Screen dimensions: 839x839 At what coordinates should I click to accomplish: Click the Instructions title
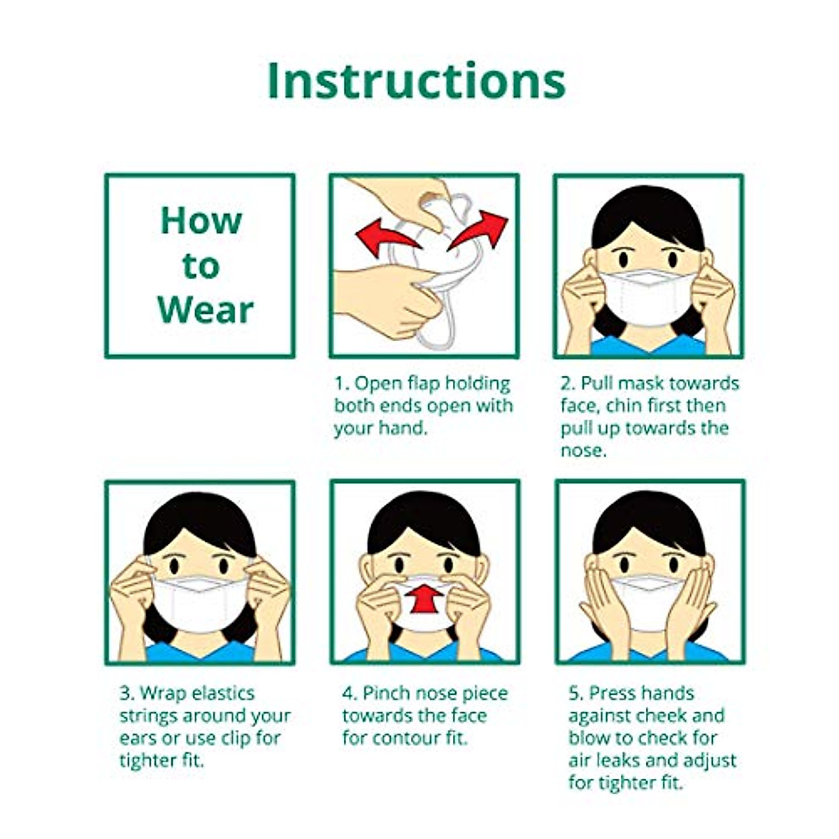click(416, 82)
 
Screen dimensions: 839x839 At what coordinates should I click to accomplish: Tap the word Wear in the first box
click(205, 310)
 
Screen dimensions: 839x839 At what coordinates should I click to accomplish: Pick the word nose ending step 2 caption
click(582, 451)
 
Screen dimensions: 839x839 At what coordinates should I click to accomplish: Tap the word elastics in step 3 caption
click(216, 694)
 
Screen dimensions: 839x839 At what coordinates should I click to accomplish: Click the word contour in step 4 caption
click(402, 738)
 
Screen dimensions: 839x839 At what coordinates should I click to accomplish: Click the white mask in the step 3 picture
click(199, 603)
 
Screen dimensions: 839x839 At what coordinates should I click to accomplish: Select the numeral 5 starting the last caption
click(575, 694)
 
